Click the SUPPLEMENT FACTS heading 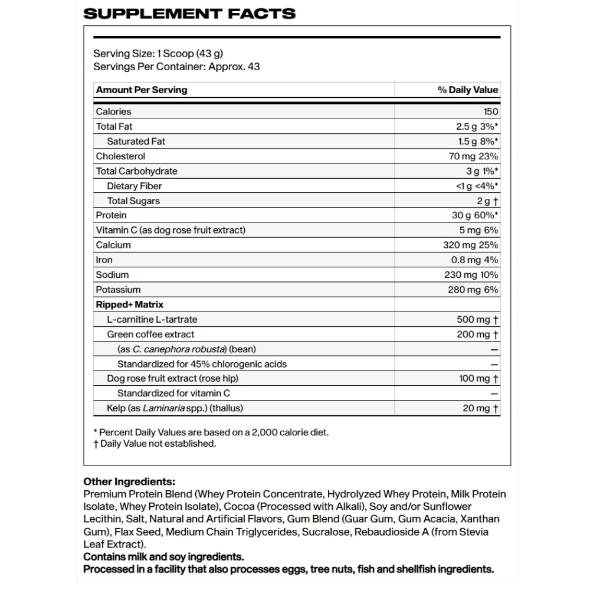click(x=189, y=13)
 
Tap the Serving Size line click(x=158, y=53)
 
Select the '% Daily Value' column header click(x=468, y=90)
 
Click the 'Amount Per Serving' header click(x=142, y=90)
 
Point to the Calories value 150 click(x=490, y=112)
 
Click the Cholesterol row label click(x=120, y=156)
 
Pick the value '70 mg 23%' click(x=473, y=156)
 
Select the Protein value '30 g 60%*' click(x=475, y=215)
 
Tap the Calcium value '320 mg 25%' click(x=470, y=245)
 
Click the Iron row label click(x=104, y=260)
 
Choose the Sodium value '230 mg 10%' click(x=471, y=274)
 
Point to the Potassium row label click(x=118, y=290)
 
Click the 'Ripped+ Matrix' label click(x=129, y=304)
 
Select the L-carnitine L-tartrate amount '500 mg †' click(x=477, y=319)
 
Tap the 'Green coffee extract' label click(x=150, y=334)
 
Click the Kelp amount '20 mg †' click(x=480, y=408)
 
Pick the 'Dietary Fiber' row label click(x=135, y=186)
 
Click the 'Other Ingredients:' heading click(x=129, y=481)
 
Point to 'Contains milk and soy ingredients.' click(x=163, y=557)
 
